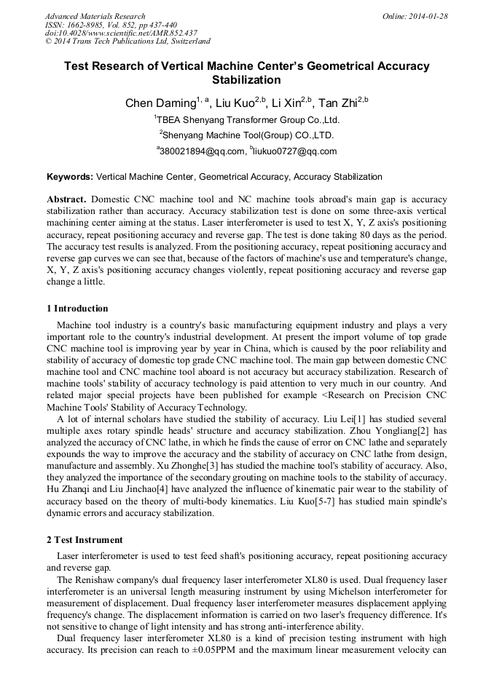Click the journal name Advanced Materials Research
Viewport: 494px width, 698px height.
point(95,16)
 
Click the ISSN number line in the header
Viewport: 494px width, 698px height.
point(111,24)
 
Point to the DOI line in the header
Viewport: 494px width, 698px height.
point(121,33)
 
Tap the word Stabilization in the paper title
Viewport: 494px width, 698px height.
point(246,80)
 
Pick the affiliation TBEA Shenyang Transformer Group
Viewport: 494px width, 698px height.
point(248,120)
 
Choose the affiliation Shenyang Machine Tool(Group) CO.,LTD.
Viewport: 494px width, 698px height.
point(248,135)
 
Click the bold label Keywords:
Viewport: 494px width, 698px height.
point(70,177)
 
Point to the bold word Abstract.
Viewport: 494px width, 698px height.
point(66,199)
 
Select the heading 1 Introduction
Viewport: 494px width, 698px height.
point(77,309)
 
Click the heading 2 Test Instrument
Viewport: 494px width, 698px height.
point(85,540)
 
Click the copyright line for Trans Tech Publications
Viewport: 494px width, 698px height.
point(128,41)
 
